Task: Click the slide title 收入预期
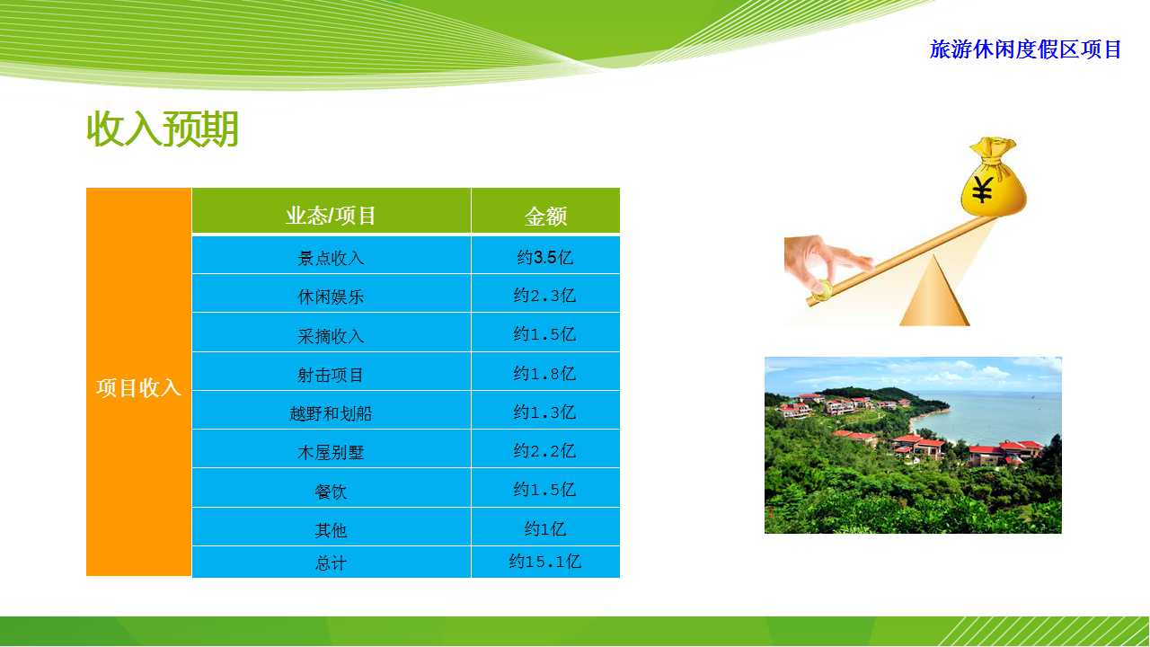pos(163,129)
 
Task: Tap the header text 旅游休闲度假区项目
pos(1025,49)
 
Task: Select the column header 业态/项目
pos(331,216)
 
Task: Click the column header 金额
pos(545,217)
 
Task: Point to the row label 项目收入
pos(138,387)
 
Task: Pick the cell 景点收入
pos(331,258)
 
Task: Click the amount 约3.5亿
pos(544,257)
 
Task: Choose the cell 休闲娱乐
pos(331,297)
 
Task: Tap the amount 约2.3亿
pos(544,296)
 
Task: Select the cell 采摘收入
pos(331,336)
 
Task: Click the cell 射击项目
pos(331,375)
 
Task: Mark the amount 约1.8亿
pos(544,373)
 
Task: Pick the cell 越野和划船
pos(331,413)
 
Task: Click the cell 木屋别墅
pos(331,452)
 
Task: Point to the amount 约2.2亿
pos(544,451)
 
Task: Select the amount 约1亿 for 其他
pos(544,529)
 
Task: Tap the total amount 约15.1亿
pos(544,562)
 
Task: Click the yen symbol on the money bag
pos(983,190)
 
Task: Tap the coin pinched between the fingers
pos(821,290)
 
